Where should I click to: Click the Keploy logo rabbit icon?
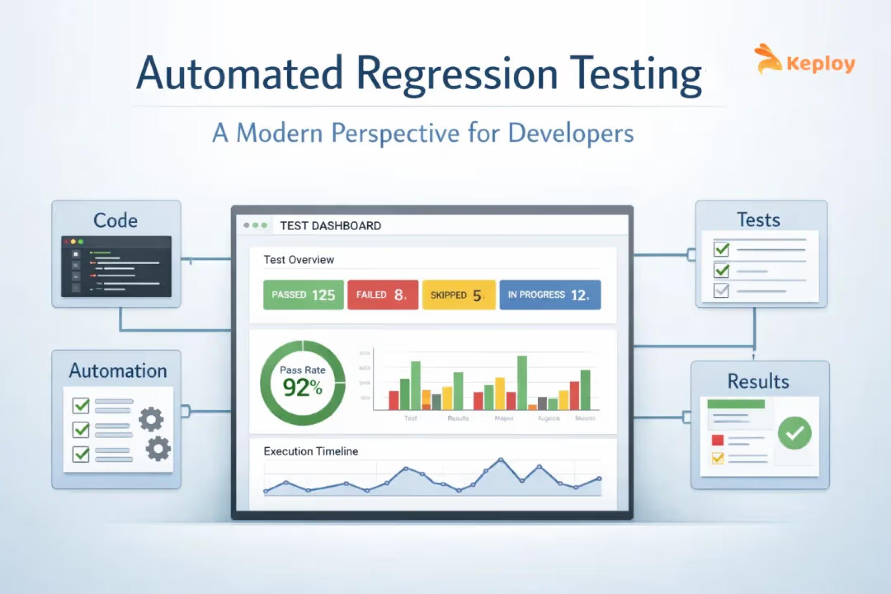[x=768, y=59]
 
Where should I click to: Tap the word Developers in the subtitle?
[x=570, y=133]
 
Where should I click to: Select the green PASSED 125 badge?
[x=303, y=295]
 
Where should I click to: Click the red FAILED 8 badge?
[x=382, y=295]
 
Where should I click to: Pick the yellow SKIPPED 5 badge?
[x=458, y=295]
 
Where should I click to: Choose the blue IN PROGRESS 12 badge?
[x=550, y=295]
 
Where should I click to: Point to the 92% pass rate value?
[x=302, y=387]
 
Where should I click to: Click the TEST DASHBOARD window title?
[x=330, y=226]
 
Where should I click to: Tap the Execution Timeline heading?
[x=310, y=451]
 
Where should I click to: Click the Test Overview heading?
[x=298, y=260]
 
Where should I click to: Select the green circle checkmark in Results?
[x=794, y=433]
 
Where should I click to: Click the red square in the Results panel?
[x=717, y=439]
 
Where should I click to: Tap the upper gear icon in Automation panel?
[x=151, y=419]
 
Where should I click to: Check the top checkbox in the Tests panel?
[x=721, y=249]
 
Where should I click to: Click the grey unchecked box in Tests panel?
[x=721, y=291]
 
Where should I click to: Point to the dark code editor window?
[x=116, y=266]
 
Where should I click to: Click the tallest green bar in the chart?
[x=522, y=383]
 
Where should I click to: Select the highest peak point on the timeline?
[x=501, y=460]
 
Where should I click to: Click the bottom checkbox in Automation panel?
[x=81, y=453]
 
